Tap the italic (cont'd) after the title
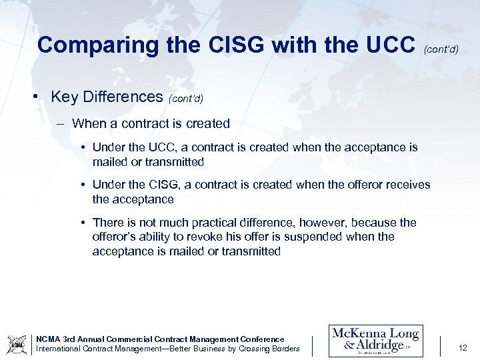(x=441, y=49)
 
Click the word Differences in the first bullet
(x=123, y=97)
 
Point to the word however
(x=322, y=223)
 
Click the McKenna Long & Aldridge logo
(x=375, y=341)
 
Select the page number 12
(x=463, y=347)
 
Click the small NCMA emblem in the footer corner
(x=16, y=344)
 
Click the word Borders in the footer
(x=285, y=349)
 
